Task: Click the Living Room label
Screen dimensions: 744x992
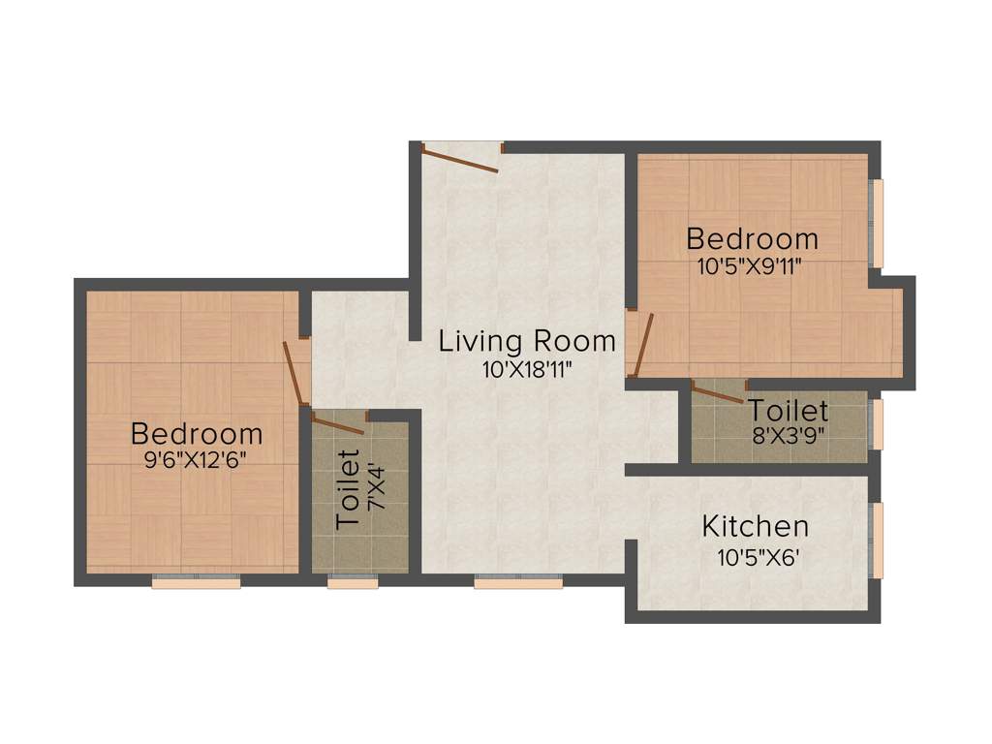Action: tap(527, 341)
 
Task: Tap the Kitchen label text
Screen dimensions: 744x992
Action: tap(755, 527)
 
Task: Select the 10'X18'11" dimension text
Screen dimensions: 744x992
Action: tap(527, 369)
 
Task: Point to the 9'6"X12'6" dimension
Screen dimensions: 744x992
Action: tap(197, 460)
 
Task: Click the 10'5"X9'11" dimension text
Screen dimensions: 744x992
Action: tap(752, 266)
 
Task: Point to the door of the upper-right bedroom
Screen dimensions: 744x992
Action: tap(640, 344)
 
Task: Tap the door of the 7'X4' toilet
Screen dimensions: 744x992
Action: tap(336, 422)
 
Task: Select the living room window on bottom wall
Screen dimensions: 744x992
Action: tap(518, 582)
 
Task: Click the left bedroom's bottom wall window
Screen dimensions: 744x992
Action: tap(196, 582)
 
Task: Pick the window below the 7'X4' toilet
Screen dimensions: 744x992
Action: tap(353, 582)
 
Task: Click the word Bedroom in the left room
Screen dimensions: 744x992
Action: tap(197, 433)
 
